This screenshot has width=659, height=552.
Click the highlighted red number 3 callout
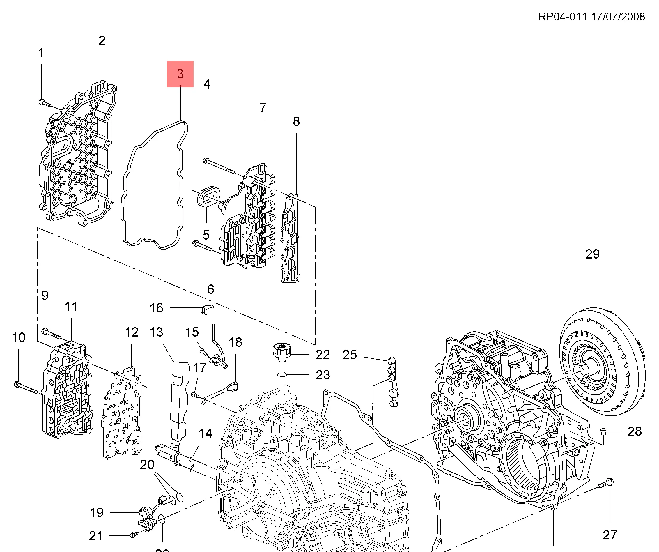tap(180, 74)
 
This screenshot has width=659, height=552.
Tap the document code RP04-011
tap(562, 17)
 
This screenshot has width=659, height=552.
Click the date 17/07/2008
tap(618, 17)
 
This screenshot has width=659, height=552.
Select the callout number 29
tap(592, 254)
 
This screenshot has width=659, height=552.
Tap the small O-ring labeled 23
tap(282, 374)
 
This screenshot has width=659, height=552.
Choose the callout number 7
tap(263, 108)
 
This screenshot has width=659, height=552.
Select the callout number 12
tap(132, 332)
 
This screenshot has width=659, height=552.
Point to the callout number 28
tap(634, 431)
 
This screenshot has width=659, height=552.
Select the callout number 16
tap(156, 308)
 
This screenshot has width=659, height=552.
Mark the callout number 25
tap(350, 355)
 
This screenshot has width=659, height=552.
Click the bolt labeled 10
tap(25, 387)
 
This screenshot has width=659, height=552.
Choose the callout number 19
tap(96, 512)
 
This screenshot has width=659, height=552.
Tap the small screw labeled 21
tap(133, 535)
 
